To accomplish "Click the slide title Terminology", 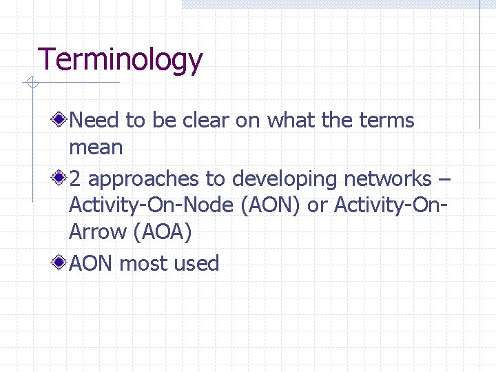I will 121,61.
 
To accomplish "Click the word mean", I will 96,147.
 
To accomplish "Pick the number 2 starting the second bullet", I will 75,179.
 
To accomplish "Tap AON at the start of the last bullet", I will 92,264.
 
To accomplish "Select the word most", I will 143,264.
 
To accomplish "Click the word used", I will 196,264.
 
